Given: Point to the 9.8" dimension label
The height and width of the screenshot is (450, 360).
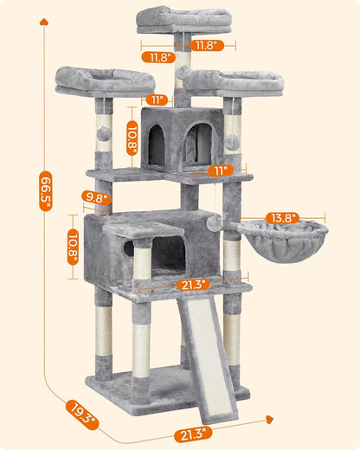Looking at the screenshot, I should [x=96, y=198].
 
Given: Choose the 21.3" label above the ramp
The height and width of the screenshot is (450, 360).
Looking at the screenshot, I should [x=190, y=283].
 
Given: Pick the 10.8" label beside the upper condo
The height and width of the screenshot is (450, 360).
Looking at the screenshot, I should [x=132, y=136].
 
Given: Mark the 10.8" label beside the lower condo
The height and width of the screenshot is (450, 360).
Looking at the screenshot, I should [x=74, y=247].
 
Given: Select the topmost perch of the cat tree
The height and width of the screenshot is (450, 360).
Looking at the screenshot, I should [x=183, y=19].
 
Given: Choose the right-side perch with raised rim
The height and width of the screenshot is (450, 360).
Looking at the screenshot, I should [x=237, y=83].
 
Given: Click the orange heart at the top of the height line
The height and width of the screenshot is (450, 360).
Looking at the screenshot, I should [x=41, y=23].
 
